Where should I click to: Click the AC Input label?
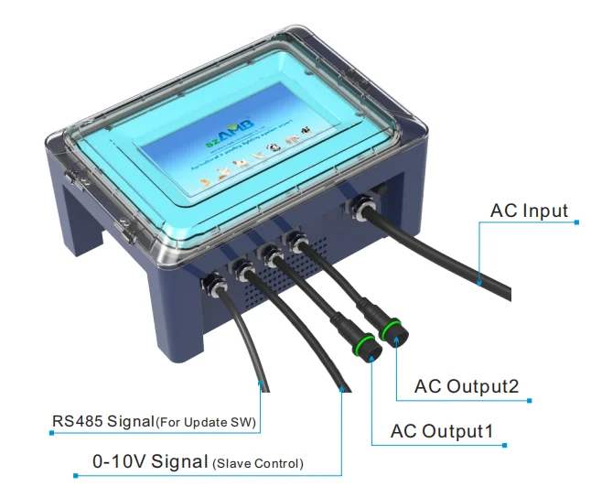529,211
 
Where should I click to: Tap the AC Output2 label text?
467,386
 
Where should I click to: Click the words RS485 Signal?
102,423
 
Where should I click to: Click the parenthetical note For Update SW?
207,424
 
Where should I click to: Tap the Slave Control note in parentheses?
258,463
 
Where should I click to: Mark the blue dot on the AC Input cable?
478,285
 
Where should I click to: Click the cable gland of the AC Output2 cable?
295,241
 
